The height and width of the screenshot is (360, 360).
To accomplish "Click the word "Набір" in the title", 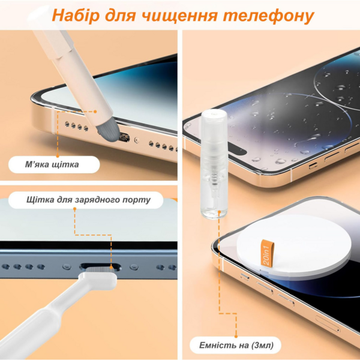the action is (x=76, y=16).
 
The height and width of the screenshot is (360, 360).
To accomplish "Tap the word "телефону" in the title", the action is (x=268, y=16).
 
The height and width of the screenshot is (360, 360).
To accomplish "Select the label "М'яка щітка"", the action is (x=52, y=164).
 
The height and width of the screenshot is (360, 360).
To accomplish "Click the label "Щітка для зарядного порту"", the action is (x=88, y=200).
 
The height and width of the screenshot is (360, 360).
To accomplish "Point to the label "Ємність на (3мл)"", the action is (x=236, y=345).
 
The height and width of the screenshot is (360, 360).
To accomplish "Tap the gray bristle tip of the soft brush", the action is (x=109, y=133).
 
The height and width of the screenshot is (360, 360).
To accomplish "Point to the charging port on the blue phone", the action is (x=100, y=267).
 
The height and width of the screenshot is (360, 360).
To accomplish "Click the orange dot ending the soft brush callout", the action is (x=95, y=112).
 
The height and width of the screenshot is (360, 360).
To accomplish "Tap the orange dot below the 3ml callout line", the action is (x=236, y=337).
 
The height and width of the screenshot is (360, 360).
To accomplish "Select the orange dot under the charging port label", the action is (x=74, y=209).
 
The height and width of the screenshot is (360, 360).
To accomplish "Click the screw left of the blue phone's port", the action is (x=67, y=267).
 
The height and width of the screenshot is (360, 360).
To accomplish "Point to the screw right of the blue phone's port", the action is (x=134, y=267).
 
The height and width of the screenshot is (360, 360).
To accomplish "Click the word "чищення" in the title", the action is (x=180, y=16).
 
